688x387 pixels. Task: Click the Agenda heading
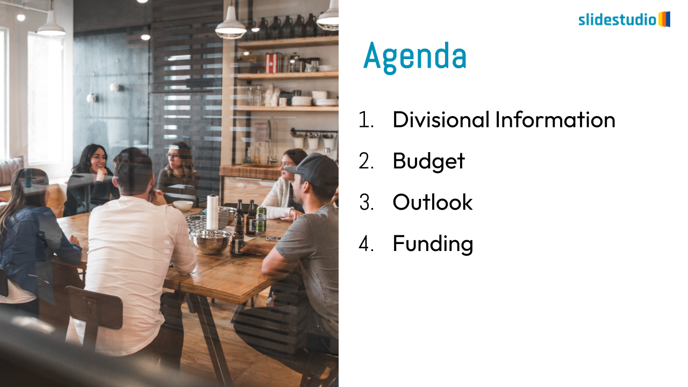414,58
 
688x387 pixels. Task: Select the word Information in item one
556,119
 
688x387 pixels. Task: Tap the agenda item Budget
429,161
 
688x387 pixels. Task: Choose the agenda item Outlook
433,202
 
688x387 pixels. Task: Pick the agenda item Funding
433,244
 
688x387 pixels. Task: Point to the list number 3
366,202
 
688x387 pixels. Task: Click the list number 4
366,243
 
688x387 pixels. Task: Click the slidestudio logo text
618,20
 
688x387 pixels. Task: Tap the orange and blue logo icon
664,19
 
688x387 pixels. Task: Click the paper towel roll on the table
212,212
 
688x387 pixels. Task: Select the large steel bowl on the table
210,241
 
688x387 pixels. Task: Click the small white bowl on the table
183,205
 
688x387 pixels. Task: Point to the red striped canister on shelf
272,63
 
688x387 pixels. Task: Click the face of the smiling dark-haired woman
98,160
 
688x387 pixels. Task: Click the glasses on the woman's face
173,156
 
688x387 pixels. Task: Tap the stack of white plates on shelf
302,101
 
